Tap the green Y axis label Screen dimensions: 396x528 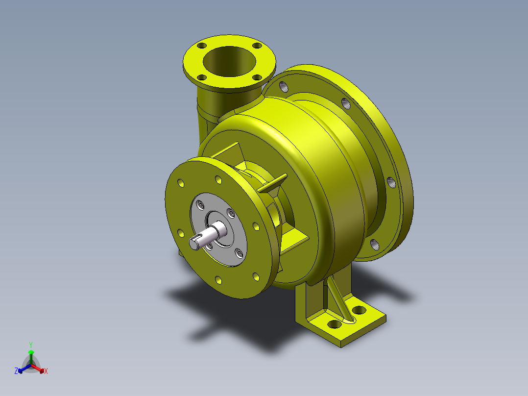click(x=30, y=345)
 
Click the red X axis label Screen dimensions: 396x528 click(x=46, y=371)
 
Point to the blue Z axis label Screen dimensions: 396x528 click(x=16, y=371)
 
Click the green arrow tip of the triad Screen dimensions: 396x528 click(x=31, y=352)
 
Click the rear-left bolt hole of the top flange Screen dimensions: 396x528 click(x=201, y=46)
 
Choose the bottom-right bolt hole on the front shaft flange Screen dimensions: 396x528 click(x=255, y=277)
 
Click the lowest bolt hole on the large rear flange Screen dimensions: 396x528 click(x=375, y=244)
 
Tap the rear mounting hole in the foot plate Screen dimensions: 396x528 click(x=359, y=310)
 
